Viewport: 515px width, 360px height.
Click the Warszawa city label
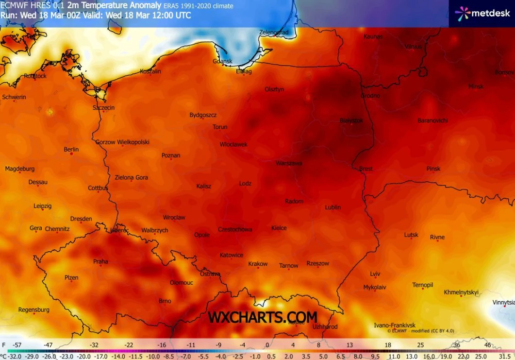[289, 163]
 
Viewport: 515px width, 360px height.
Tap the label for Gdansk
[223, 62]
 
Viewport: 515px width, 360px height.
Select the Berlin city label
[71, 150]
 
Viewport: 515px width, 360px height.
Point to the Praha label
[100, 262]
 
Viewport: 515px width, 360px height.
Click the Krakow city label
[258, 264]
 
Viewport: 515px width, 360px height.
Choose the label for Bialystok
[351, 120]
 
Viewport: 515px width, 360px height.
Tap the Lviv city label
[375, 274]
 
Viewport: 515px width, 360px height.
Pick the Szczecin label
[103, 108]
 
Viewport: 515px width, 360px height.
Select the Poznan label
[171, 156]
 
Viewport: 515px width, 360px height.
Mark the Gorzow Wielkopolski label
[122, 142]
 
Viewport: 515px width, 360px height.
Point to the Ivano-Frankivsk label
[395, 325]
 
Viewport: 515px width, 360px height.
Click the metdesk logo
[482, 14]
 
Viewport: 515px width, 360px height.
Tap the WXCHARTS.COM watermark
[263, 317]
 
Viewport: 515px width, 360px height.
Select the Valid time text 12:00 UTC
[170, 16]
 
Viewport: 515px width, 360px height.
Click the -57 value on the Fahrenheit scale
[17, 345]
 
